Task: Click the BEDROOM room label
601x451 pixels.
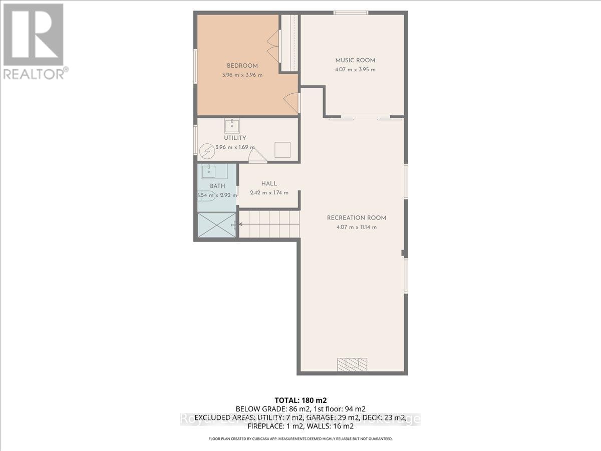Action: pyautogui.click(x=242, y=66)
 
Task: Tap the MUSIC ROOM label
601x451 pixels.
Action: pyautogui.click(x=355, y=60)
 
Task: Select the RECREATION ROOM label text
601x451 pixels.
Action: pyautogui.click(x=356, y=217)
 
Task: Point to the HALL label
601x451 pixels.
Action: pyautogui.click(x=268, y=183)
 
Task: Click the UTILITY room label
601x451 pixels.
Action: pyautogui.click(x=234, y=138)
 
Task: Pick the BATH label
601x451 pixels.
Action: pyautogui.click(x=217, y=186)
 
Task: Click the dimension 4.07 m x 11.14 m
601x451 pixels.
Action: pyautogui.click(x=356, y=227)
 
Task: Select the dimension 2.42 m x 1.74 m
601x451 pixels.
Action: pyautogui.click(x=269, y=192)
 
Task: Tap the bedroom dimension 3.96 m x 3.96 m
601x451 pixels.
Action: pyautogui.click(x=242, y=75)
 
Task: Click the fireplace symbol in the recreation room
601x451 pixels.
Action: pyautogui.click(x=352, y=363)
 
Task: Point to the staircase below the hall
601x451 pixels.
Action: pyautogui.click(x=268, y=223)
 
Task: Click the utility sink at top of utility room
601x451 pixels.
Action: pyautogui.click(x=232, y=125)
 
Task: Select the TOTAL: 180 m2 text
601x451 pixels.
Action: pyautogui.click(x=300, y=400)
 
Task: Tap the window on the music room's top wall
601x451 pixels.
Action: pyautogui.click(x=352, y=13)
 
